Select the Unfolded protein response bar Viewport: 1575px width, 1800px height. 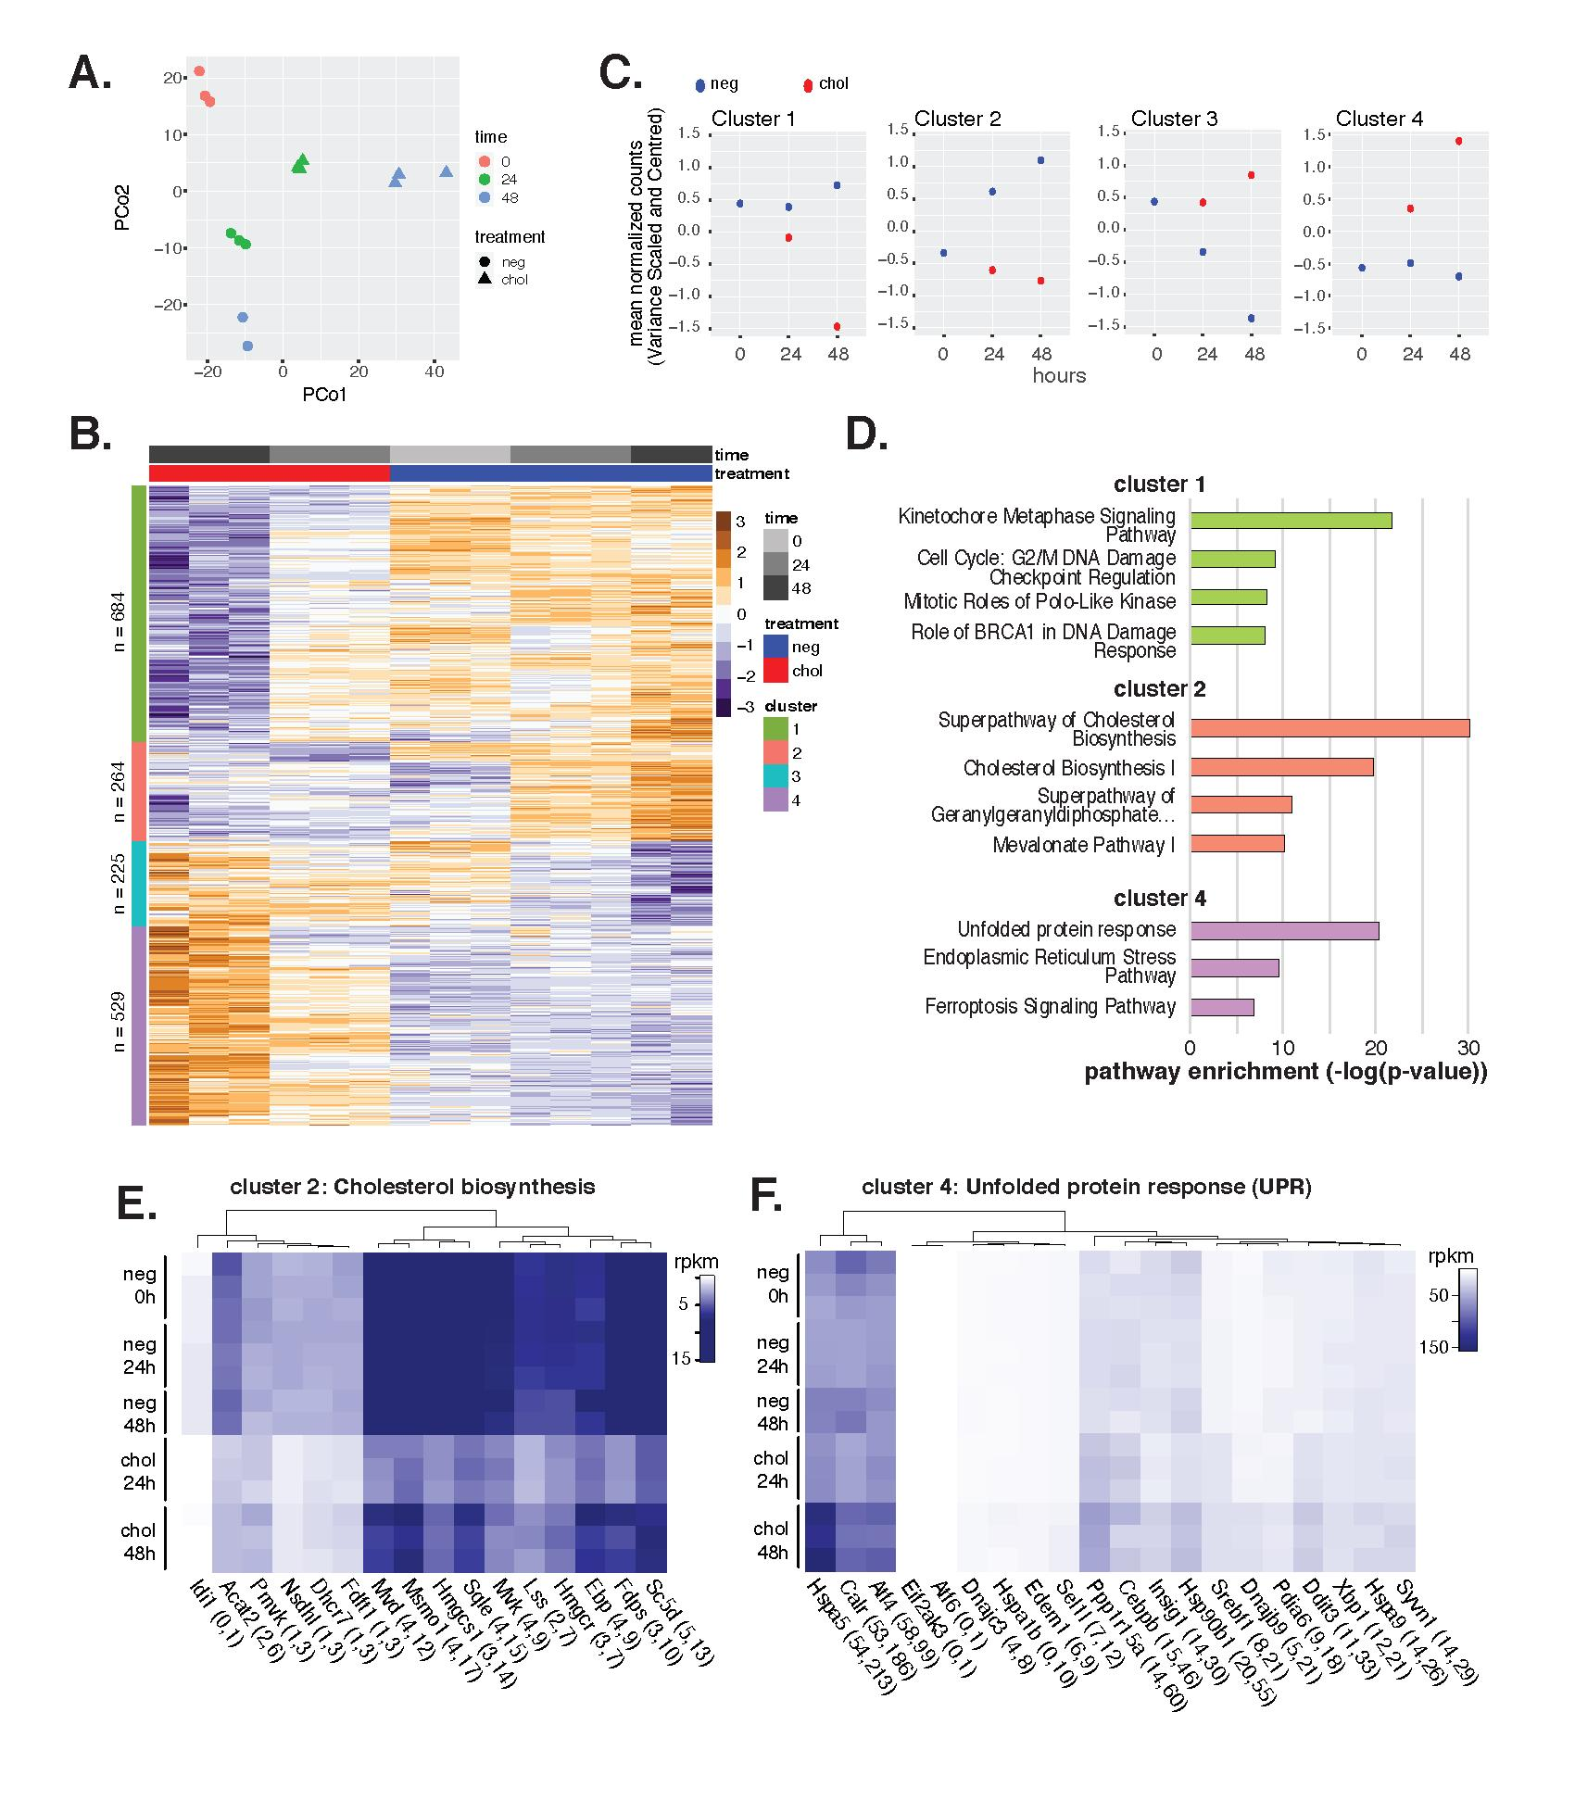(1284, 931)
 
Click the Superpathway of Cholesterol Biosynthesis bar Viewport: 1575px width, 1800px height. (1329, 728)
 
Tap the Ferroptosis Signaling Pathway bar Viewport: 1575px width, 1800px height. (1222, 1007)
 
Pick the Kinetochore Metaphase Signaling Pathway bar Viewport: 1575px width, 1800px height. (1291, 521)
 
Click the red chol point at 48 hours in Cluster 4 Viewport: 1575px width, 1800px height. (1458, 142)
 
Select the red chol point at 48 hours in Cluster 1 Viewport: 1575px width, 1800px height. (837, 326)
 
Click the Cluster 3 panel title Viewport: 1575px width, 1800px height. (1174, 119)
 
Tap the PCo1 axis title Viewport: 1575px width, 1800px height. (323, 395)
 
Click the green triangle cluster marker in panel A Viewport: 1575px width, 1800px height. (299, 164)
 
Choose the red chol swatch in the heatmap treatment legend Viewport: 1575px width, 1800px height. (776, 671)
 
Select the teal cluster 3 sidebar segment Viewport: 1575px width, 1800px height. (139, 883)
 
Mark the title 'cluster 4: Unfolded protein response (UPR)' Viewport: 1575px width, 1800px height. (1086, 1187)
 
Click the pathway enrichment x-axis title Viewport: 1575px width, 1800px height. (1285, 1072)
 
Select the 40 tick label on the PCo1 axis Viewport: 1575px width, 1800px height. (434, 371)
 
